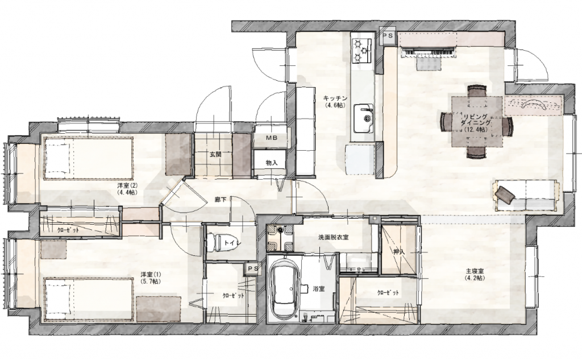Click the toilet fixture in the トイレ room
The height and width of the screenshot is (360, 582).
(214, 242)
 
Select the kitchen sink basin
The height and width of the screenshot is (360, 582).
(363, 118)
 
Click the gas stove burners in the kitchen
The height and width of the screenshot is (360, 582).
(361, 50)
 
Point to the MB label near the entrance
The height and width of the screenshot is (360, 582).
(271, 138)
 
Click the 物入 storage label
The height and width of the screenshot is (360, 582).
(271, 163)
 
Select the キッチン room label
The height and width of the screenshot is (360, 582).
(335, 98)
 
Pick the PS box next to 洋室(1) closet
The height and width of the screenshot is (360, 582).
(252, 268)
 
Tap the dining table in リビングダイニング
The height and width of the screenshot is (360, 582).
(477, 121)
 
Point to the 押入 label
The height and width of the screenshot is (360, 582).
(398, 251)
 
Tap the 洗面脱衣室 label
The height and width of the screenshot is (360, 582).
(333, 237)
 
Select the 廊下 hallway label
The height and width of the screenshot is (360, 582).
(221, 200)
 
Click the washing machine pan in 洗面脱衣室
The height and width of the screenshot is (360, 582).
(280, 237)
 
